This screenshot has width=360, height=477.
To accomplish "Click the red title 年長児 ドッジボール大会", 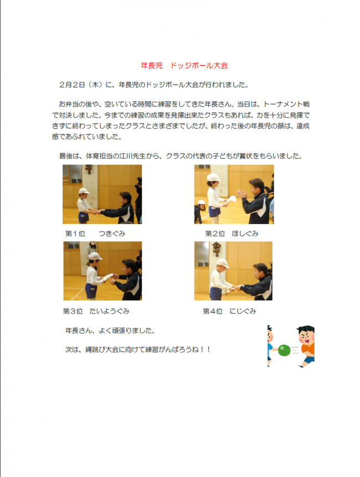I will [x=184, y=65].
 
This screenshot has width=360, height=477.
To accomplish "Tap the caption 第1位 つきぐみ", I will [x=95, y=234].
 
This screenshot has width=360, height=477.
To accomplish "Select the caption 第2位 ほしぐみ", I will [x=232, y=234].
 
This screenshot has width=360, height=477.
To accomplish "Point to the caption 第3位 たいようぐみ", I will [x=97, y=311].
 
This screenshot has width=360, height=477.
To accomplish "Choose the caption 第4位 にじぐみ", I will [x=229, y=311].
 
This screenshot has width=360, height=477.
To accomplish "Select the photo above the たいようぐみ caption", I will [x=102, y=271].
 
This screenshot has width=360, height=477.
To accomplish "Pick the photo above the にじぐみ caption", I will [x=233, y=271].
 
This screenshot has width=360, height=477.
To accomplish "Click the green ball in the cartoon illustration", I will [x=284, y=350].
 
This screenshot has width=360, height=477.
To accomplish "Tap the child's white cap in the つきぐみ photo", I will [x=84, y=191].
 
